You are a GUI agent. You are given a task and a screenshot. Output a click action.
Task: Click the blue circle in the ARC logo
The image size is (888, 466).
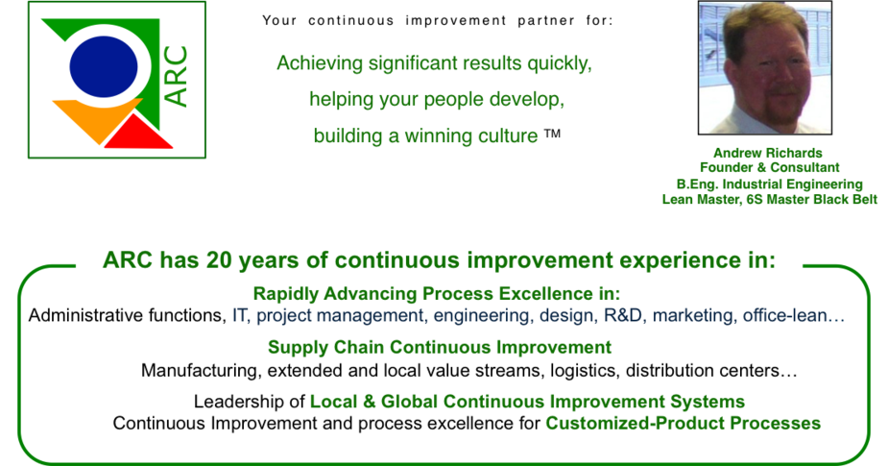point(104,67)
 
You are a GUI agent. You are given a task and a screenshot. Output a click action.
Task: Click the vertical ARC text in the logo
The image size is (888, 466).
point(176,77)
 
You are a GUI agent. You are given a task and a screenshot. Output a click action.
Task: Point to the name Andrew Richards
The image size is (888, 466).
point(767,153)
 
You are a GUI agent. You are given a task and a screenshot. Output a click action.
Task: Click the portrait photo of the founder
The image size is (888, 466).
point(764,67)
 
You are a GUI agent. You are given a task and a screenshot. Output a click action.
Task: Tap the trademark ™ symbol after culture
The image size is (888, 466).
point(552,135)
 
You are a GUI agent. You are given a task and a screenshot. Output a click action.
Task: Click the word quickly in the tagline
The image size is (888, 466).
point(560,63)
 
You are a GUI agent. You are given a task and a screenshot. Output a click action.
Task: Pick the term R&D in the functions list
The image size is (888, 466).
point(623,315)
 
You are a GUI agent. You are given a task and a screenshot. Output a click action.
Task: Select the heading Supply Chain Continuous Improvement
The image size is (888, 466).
point(440,347)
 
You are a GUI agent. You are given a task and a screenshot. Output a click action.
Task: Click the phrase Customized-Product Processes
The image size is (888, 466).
point(683,423)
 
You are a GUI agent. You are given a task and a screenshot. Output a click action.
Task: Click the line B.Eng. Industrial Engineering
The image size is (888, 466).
point(769,184)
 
